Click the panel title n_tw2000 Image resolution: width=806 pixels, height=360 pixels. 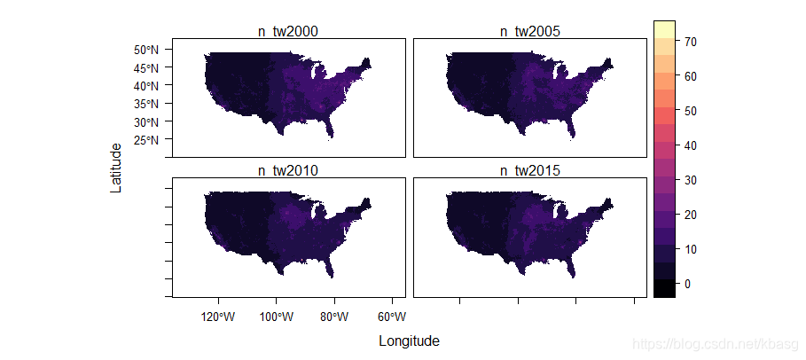click(288, 31)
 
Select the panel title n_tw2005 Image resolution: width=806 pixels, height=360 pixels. click(530, 31)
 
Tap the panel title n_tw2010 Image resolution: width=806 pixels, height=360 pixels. click(288, 171)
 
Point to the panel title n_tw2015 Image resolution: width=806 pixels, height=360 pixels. click(530, 171)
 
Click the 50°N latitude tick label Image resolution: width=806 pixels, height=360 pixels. click(146, 50)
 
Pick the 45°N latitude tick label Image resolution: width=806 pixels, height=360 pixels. click(146, 67)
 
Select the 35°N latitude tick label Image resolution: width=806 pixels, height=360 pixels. click(146, 104)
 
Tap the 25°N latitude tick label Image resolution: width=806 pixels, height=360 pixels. click(146, 139)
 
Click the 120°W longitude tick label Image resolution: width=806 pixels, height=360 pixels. click(219, 317)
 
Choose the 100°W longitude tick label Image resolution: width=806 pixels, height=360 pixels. click(277, 317)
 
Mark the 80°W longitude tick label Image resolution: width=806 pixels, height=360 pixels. click(334, 317)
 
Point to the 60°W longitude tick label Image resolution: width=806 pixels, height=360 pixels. click(393, 317)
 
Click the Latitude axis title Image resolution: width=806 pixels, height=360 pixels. click(117, 168)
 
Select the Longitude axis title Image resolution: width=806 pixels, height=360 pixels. click(409, 341)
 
